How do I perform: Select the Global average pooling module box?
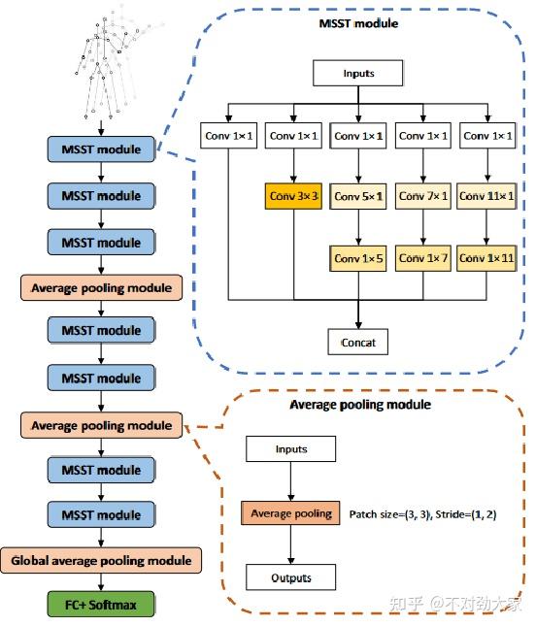[x=102, y=560]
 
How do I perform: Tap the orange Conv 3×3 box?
[x=293, y=197]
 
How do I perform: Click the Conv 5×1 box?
[x=359, y=197]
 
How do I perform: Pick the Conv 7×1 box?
[x=423, y=197]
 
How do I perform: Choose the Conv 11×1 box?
[x=486, y=197]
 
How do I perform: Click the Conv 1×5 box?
[x=359, y=258]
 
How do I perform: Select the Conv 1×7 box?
[x=423, y=258]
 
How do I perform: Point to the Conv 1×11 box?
[x=486, y=258]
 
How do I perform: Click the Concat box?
[x=359, y=342]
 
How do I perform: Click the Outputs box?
[x=290, y=577]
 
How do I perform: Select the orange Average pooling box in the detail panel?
[x=290, y=512]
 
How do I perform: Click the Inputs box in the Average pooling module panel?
[x=290, y=448]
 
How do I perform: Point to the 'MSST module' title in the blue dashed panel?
[x=357, y=22]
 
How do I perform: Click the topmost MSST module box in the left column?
[x=101, y=149]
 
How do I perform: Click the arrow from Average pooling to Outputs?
[x=290, y=544]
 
